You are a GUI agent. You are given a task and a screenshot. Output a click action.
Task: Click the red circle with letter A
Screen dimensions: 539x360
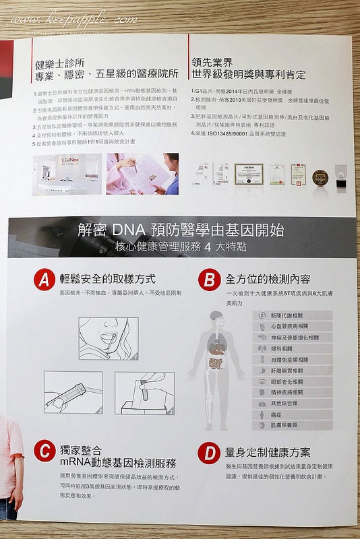(x=44, y=280)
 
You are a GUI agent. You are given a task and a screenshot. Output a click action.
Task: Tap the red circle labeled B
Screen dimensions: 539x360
(x=210, y=279)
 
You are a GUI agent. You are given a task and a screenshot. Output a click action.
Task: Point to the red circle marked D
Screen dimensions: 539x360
(x=210, y=452)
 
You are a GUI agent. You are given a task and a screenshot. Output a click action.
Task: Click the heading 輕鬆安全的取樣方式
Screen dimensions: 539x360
(x=108, y=279)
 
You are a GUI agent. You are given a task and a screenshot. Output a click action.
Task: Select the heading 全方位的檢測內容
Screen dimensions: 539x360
(x=268, y=279)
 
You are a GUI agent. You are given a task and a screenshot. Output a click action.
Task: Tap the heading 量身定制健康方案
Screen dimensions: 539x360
(x=268, y=452)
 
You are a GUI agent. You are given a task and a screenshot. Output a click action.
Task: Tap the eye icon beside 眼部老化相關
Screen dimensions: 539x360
(x=262, y=381)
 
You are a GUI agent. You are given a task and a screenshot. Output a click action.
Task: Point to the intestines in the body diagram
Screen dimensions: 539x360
(x=215, y=364)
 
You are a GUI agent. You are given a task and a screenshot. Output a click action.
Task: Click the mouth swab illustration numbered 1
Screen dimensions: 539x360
(x=108, y=338)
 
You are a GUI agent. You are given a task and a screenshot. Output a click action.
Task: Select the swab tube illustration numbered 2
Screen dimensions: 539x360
(x=73, y=392)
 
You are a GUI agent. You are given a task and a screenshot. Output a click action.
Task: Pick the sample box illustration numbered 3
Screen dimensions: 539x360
(x=144, y=392)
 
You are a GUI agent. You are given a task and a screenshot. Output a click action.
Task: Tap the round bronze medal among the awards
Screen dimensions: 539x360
(x=320, y=177)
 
